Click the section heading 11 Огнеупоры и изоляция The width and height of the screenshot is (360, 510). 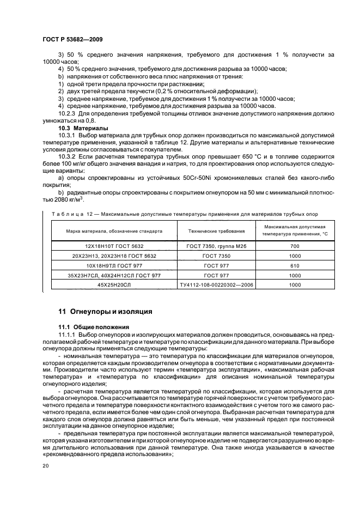coord(105,312)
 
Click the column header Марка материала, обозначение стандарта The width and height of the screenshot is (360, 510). coord(114,230)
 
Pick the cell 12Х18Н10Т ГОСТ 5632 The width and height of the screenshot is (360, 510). coord(114,246)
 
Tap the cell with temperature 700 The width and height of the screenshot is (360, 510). coord(295,246)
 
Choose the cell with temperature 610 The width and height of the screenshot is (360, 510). coord(295,265)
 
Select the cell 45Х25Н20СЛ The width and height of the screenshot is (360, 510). coord(114,284)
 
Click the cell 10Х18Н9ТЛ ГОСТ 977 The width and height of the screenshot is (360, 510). coord(114,265)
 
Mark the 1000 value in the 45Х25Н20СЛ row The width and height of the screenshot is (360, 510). coord(295,284)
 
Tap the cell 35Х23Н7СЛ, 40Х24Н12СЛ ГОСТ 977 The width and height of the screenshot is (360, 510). coord(114,275)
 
